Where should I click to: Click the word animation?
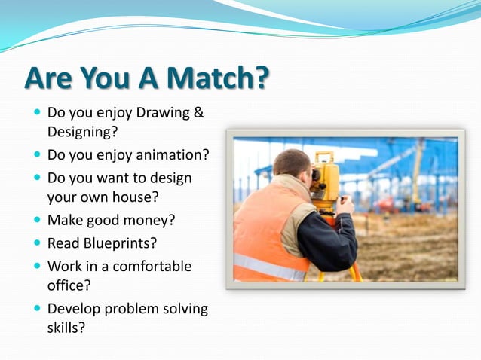[172, 155]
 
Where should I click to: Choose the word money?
[158, 221]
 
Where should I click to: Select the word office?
[69, 285]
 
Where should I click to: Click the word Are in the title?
[52, 78]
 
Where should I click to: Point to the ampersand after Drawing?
[199, 114]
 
